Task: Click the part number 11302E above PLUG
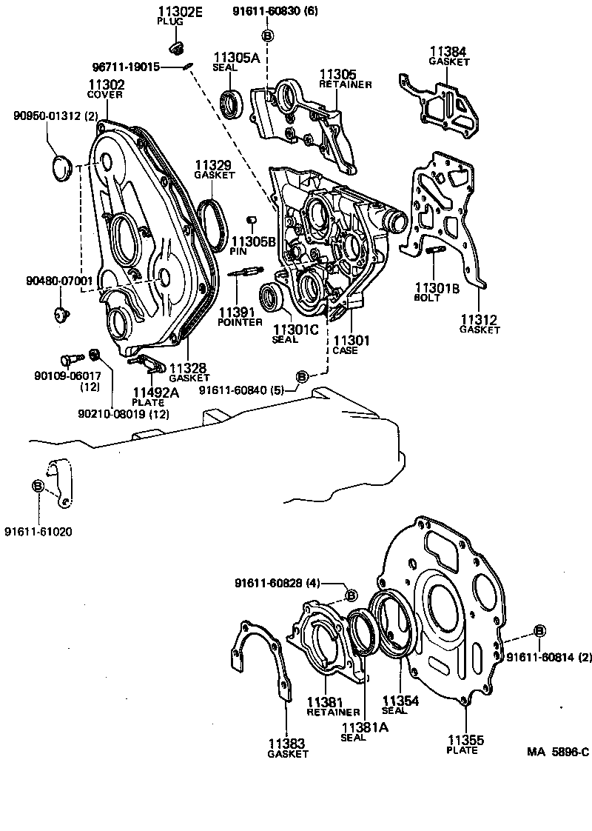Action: coord(175,11)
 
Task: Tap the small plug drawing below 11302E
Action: coord(176,49)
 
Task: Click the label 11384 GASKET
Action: coord(449,56)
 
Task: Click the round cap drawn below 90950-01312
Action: coord(59,166)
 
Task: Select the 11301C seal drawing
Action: coord(274,298)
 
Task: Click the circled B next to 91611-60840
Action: coord(302,377)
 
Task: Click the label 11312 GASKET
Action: coord(480,324)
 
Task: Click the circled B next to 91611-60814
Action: coord(539,630)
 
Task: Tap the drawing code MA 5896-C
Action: coord(557,752)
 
